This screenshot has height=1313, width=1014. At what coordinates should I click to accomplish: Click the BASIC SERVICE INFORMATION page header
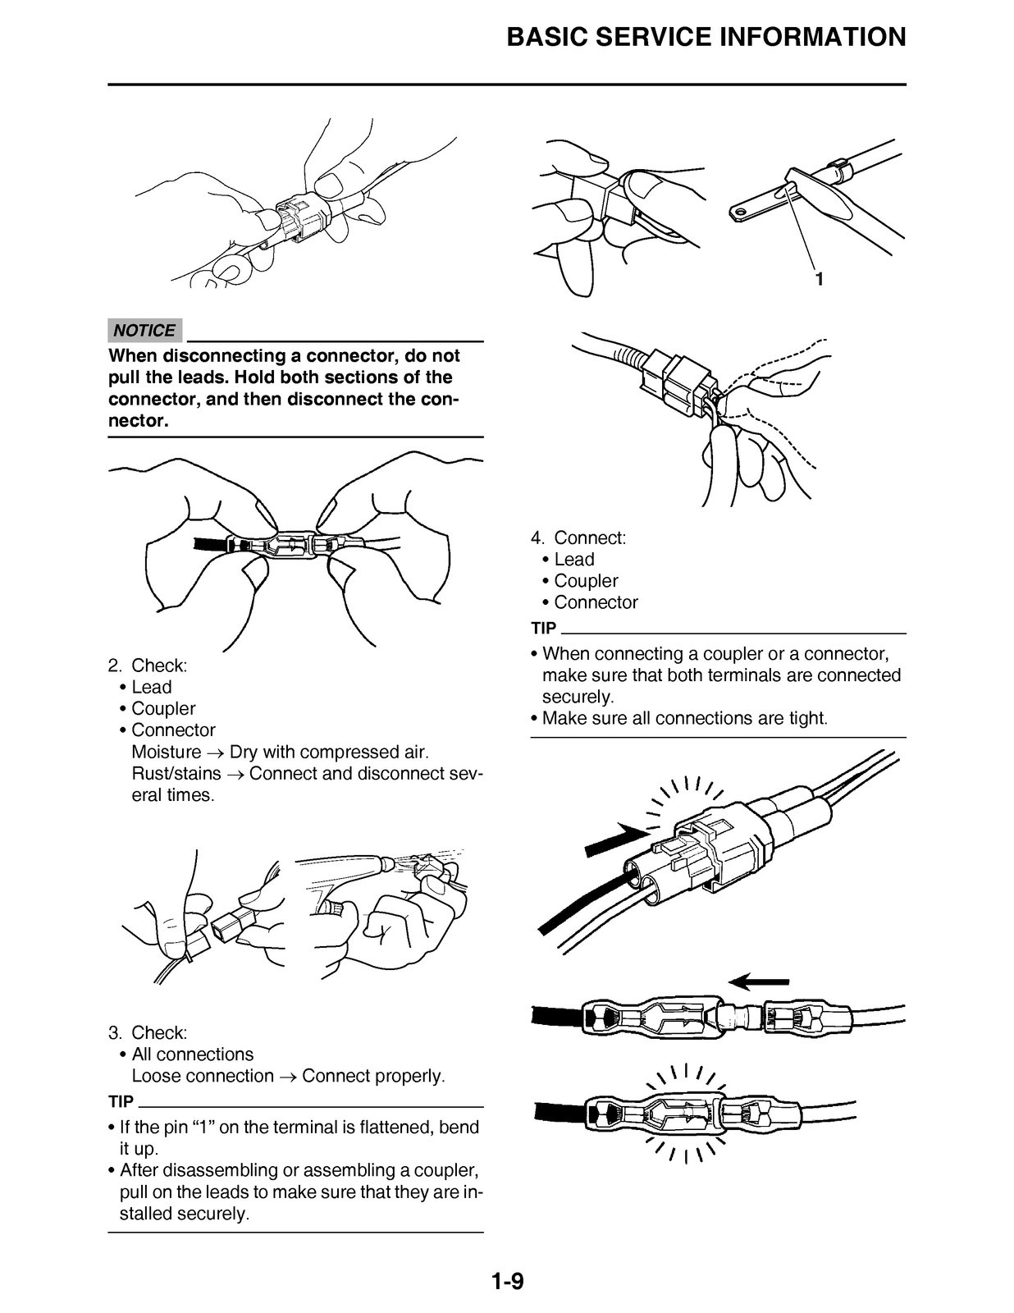(706, 37)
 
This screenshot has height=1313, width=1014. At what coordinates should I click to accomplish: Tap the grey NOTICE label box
(145, 331)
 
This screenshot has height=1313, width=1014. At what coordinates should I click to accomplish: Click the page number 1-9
(507, 1281)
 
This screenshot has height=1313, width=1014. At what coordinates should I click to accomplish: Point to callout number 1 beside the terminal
(819, 279)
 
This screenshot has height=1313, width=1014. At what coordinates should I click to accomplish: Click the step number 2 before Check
(115, 666)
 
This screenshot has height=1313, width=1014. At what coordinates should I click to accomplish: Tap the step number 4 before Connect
(537, 538)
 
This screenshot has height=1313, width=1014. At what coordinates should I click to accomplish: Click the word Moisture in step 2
(166, 753)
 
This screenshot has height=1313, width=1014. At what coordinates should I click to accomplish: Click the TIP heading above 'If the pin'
(121, 1101)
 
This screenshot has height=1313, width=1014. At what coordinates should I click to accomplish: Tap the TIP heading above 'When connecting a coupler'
(544, 629)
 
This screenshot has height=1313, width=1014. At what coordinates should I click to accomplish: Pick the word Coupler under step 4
(586, 581)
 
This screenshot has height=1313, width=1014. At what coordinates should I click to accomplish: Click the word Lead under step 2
(152, 688)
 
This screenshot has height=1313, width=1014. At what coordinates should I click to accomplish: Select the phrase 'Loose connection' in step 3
(203, 1076)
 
